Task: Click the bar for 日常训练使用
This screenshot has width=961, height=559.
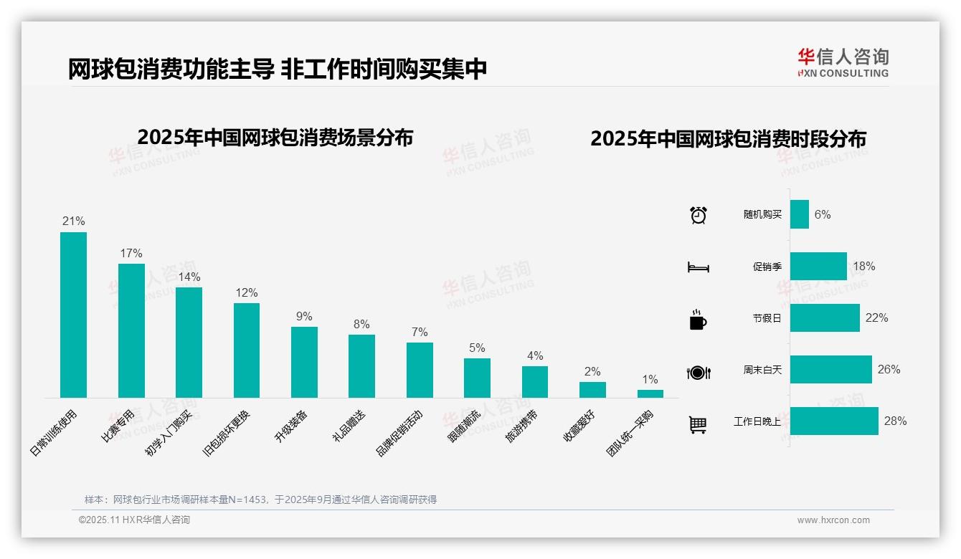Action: [73, 315]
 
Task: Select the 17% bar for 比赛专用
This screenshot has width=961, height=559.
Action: [131, 330]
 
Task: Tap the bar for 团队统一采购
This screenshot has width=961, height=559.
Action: [650, 393]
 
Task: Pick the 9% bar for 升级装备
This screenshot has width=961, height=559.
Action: [304, 362]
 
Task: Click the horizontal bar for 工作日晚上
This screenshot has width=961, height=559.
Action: [834, 421]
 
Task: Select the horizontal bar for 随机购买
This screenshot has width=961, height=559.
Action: [800, 214]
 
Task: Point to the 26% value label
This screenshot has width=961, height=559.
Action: [889, 369]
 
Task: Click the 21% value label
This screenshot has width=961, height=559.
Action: [73, 221]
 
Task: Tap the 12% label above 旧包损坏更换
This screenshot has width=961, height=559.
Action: [246, 292]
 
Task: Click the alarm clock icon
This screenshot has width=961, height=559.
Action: [698, 215]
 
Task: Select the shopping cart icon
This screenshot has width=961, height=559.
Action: [698, 424]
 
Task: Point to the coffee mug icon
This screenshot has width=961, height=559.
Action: [698, 320]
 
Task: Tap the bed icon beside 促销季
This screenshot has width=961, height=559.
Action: [698, 267]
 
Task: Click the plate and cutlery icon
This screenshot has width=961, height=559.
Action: [698, 372]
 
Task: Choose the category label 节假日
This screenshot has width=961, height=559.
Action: [767, 318]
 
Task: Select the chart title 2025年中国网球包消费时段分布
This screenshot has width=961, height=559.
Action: [728, 139]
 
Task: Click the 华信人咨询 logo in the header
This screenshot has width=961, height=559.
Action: [843, 62]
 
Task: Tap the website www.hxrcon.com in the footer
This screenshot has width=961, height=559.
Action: [833, 520]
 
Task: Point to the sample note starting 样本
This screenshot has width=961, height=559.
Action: [260, 500]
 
